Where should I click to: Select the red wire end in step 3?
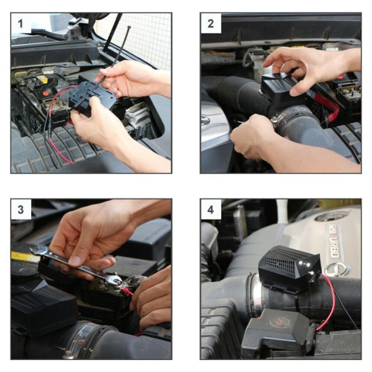pos(128,291)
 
